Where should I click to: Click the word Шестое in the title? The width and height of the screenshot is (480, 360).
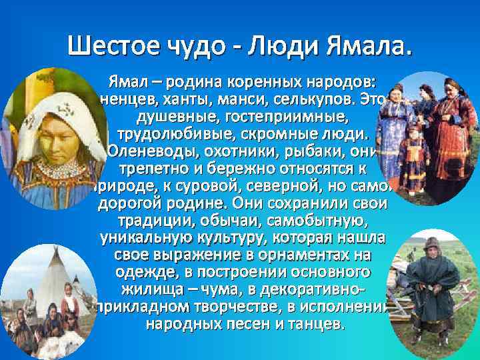pos(110,47)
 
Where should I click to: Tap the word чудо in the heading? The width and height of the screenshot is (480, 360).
pos(194,47)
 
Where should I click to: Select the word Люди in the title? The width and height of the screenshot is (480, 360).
pos(283,47)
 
